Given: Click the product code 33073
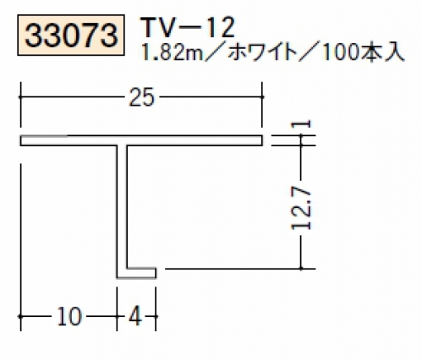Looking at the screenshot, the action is pyautogui.click(x=71, y=35).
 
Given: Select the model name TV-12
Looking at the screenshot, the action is pyautogui.click(x=188, y=27).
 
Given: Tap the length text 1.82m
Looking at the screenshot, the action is pyautogui.click(x=173, y=52).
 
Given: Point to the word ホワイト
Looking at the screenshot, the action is pyautogui.click(x=261, y=52).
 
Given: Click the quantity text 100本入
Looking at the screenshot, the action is pyautogui.click(x=363, y=52).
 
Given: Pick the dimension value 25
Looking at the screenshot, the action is pyautogui.click(x=142, y=97).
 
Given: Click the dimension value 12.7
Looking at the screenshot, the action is pyautogui.click(x=301, y=208).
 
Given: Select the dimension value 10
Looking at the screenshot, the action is pyautogui.click(x=69, y=316).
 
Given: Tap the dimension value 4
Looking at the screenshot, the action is pyautogui.click(x=135, y=316).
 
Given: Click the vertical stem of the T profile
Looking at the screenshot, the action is pyautogui.click(x=122, y=207).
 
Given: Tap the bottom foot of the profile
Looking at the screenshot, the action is pyautogui.click(x=136, y=273).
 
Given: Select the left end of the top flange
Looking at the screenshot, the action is pyautogui.click(x=21, y=140).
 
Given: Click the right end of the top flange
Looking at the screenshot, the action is pyautogui.click(x=262, y=140).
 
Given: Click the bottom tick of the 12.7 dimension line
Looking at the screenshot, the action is pyautogui.click(x=301, y=269).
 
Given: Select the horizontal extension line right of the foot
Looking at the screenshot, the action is pyautogui.click(x=240, y=269).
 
